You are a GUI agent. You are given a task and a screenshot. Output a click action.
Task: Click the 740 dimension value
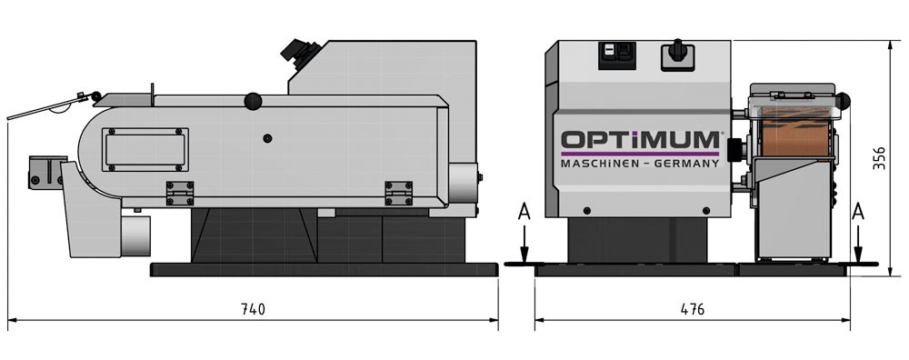tap(253, 309)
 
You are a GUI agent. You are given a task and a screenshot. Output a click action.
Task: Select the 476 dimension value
tap(692, 309)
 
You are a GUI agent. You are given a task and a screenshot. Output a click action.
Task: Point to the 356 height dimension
tap(879, 157)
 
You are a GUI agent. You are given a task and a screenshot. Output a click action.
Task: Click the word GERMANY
tap(686, 164)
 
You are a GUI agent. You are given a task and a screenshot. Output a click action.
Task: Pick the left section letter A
tap(524, 213)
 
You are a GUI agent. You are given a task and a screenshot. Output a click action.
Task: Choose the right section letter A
tap(858, 213)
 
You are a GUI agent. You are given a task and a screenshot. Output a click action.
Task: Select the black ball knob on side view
tap(253, 102)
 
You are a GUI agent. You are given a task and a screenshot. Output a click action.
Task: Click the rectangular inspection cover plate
tap(145, 150)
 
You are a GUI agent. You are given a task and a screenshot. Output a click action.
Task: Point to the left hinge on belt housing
tap(180, 193)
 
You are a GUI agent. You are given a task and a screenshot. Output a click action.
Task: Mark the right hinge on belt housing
tap(399, 193)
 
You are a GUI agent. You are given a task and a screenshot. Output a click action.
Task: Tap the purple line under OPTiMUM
tap(640, 154)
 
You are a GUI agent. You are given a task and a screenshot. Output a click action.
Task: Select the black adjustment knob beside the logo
tap(735, 150)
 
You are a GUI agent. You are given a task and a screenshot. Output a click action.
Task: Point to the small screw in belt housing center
tap(267, 138)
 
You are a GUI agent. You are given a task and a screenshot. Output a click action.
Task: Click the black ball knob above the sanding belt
tap(843, 102)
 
